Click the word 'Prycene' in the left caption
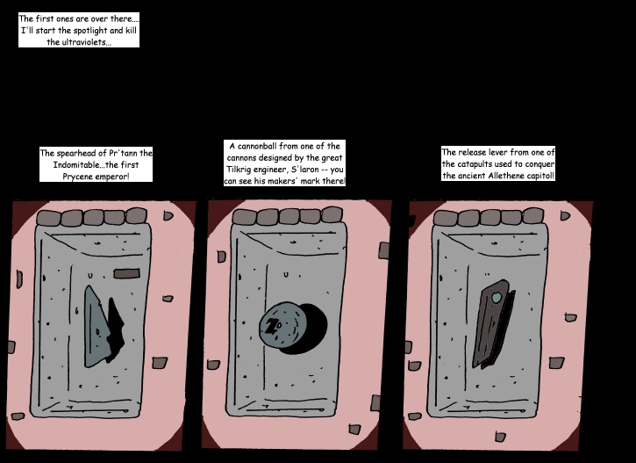point(77,177)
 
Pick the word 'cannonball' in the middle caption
point(256,146)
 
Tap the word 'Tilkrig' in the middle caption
point(239,170)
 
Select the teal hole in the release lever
point(497,298)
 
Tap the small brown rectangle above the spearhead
point(126,273)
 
